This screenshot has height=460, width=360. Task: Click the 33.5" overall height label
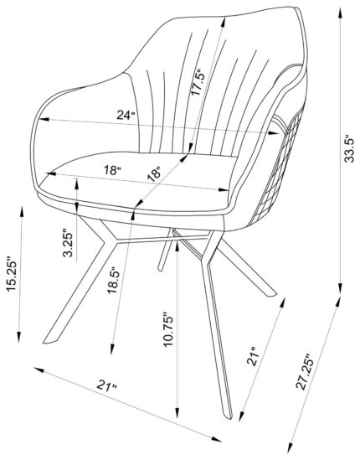click(x=349, y=148)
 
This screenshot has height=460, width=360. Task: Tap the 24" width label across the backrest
click(x=126, y=115)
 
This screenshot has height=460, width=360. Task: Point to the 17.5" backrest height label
click(x=197, y=82)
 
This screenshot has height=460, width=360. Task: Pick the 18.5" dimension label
click(x=114, y=280)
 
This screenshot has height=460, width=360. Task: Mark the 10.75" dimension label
click(x=168, y=329)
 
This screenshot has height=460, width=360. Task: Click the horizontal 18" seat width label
click(x=112, y=170)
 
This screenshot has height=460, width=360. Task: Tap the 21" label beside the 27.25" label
click(x=252, y=356)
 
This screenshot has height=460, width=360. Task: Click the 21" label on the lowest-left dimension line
click(x=107, y=385)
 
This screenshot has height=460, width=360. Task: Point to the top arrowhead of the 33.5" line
click(x=340, y=13)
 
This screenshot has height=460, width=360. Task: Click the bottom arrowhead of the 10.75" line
click(x=177, y=412)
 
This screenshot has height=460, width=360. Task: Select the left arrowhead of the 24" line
click(x=44, y=119)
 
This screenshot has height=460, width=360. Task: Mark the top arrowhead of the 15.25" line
click(x=22, y=212)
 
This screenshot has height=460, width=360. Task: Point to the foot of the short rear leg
click(x=160, y=268)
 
